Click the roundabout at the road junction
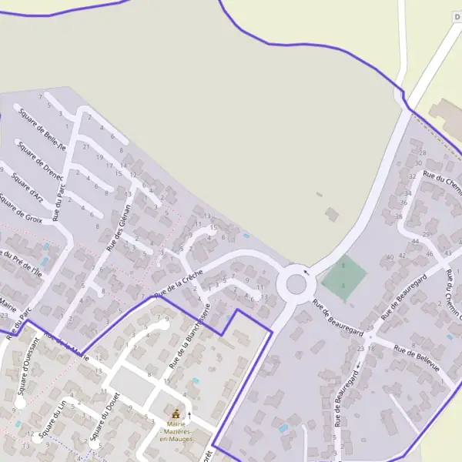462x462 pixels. (296, 284)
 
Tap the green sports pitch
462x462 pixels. (343, 277)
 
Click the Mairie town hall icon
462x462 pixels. (177, 414)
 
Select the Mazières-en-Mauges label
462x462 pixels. (176, 434)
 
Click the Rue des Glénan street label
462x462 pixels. (119, 221)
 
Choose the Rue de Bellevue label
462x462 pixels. (416, 358)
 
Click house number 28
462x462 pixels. (422, 152)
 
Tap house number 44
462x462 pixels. (415, 241)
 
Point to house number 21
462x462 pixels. (86, 146)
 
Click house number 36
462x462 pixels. (403, 203)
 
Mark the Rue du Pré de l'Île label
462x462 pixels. (21, 262)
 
